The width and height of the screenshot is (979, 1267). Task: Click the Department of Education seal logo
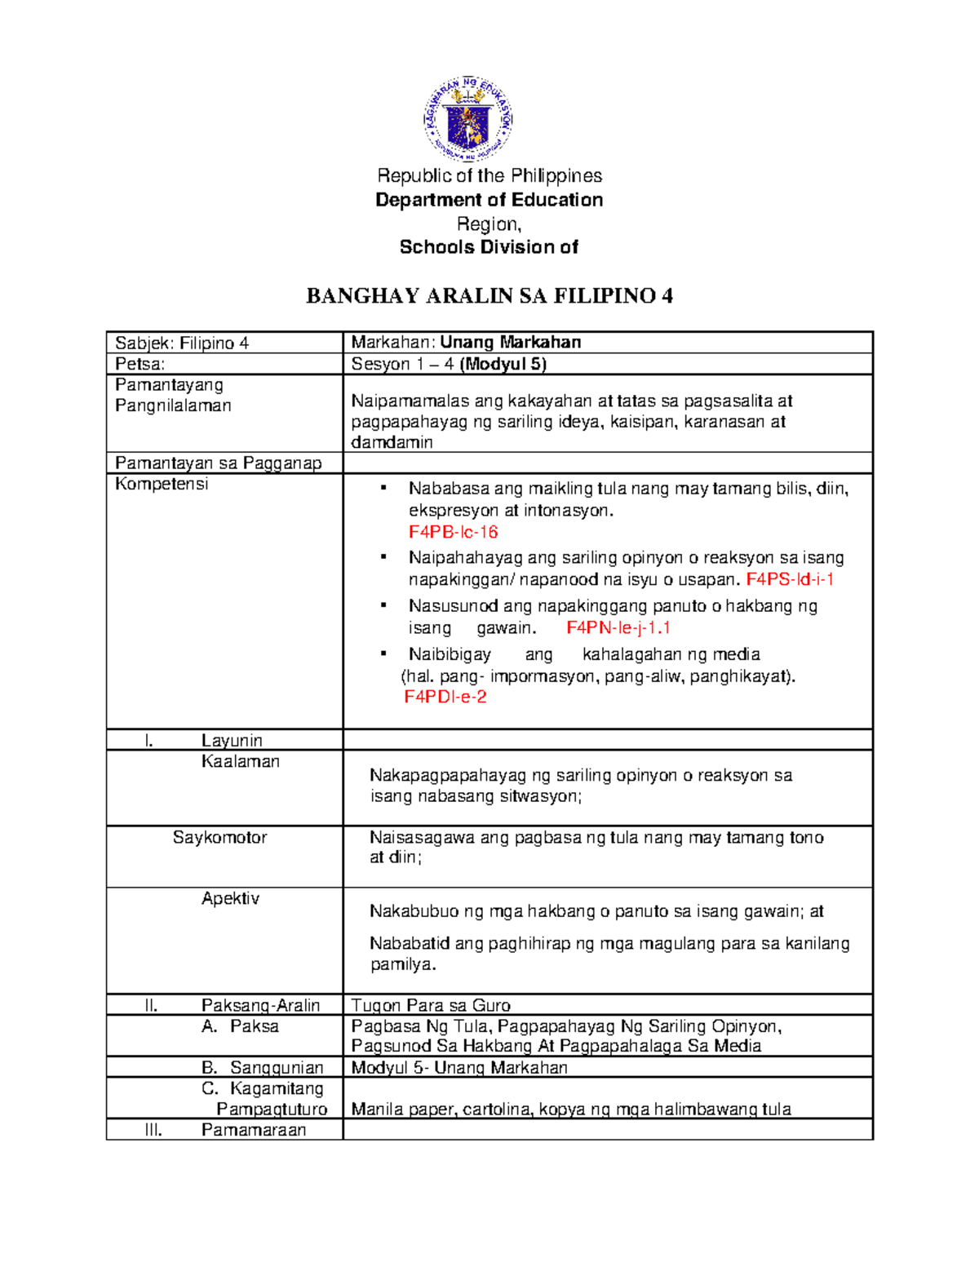pos(467,119)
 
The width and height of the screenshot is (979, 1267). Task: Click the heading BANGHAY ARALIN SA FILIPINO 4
pos(489,296)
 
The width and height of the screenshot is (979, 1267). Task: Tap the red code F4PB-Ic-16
pos(453,532)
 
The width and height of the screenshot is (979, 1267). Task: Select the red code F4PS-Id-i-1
pos(790,579)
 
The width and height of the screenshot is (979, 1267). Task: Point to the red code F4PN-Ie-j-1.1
pos(618,627)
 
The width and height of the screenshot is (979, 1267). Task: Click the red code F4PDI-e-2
pos(445,697)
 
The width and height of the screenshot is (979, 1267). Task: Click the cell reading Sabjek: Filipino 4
pos(182,343)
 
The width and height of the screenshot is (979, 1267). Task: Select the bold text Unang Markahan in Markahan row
pos(510,342)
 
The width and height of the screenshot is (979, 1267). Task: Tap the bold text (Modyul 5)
pos(503,364)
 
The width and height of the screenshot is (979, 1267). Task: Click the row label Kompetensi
pos(162,484)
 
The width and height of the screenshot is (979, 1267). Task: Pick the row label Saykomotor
pos(219,837)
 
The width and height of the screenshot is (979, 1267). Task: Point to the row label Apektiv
pos(230,898)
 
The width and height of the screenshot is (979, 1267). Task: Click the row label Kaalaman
pos(240,761)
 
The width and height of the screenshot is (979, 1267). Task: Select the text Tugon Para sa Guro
pos(431,1005)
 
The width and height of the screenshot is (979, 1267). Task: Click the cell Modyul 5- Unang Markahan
pos(459,1067)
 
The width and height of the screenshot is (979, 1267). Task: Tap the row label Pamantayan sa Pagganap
pos(219,463)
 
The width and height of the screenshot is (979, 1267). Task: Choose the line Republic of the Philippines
pos(489,175)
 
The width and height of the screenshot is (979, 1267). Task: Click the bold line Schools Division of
pos(489,247)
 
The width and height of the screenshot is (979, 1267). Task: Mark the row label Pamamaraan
pos(254,1130)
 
